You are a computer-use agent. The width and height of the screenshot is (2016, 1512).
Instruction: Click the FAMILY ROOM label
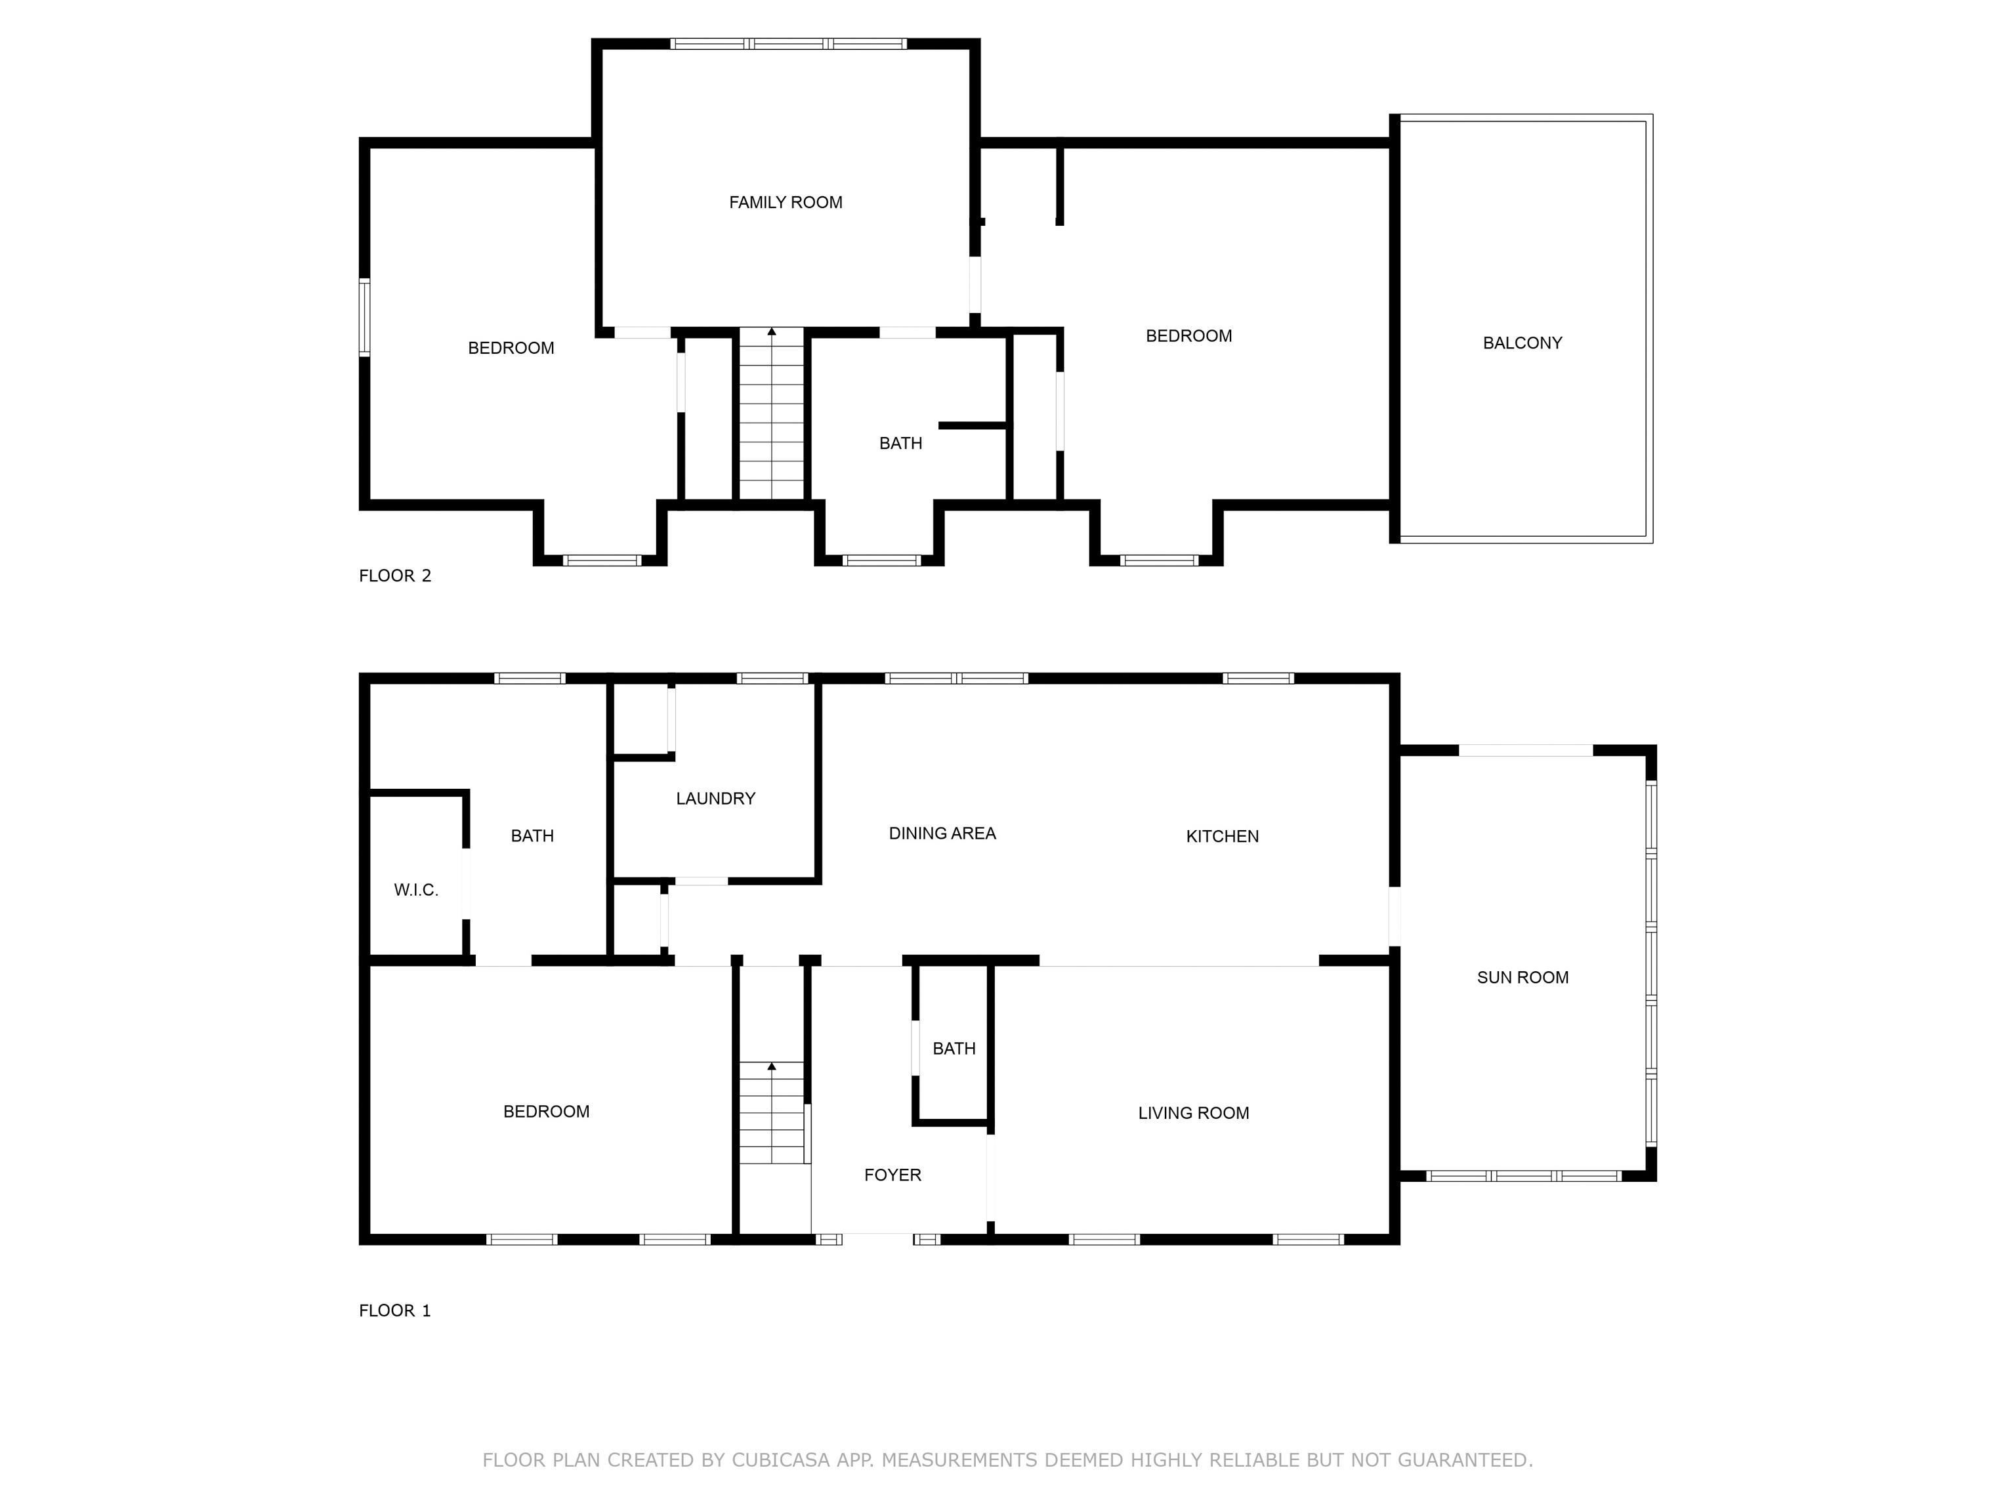(x=785, y=202)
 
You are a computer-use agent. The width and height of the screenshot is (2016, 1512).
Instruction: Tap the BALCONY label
(x=1522, y=343)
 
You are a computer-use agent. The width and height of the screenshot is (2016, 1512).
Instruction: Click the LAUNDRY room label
(x=715, y=799)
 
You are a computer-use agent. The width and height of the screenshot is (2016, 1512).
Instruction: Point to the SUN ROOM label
(x=1522, y=977)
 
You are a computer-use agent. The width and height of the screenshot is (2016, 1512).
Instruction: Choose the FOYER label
(x=892, y=1175)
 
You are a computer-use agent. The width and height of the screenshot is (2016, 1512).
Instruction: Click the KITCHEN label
(x=1221, y=836)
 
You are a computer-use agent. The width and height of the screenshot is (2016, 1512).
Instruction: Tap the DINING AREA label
(x=942, y=833)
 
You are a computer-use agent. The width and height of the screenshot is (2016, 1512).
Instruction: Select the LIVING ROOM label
(x=1193, y=1113)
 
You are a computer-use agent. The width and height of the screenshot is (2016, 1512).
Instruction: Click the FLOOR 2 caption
(x=394, y=575)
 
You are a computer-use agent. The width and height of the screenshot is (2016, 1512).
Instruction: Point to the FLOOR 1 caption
(x=394, y=1311)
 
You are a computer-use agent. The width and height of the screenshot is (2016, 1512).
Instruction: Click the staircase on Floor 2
(x=771, y=415)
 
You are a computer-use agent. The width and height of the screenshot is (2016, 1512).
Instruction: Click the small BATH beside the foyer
(x=954, y=1048)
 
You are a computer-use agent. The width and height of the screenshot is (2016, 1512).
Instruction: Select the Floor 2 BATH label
(x=900, y=443)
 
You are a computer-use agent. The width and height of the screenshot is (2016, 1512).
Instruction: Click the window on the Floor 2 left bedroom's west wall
(x=365, y=316)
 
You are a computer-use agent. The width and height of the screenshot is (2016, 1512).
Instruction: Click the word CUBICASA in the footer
(x=780, y=1460)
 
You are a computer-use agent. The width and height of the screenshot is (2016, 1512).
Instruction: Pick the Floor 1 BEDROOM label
(x=546, y=1111)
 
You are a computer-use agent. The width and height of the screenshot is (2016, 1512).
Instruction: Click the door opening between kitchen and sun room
(x=1395, y=916)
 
